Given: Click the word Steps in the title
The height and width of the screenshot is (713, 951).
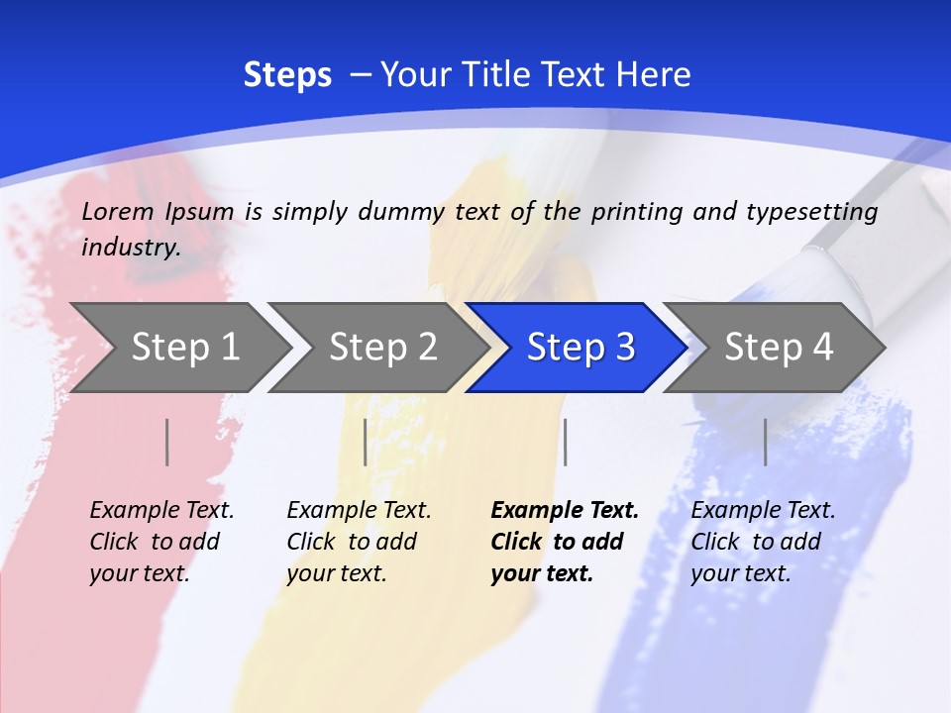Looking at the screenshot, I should click(287, 75).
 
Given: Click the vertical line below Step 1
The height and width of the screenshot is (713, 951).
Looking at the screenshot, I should click(167, 442).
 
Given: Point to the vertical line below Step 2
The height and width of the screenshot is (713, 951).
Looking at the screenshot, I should click(366, 442).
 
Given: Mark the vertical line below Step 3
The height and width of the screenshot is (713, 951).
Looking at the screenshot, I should click(565, 442).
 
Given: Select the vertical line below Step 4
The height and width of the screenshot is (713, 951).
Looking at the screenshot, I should click(766, 442).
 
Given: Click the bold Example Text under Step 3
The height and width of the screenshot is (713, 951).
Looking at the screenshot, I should click(564, 542).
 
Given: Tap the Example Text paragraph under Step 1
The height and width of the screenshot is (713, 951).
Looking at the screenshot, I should click(160, 542).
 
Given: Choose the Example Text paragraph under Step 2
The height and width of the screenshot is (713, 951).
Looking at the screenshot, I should click(358, 542).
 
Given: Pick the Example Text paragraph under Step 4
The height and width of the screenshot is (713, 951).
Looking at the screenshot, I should click(762, 542).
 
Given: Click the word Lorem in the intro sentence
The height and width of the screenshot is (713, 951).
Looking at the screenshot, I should click(118, 212).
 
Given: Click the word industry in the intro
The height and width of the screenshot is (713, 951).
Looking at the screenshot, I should click(130, 248).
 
